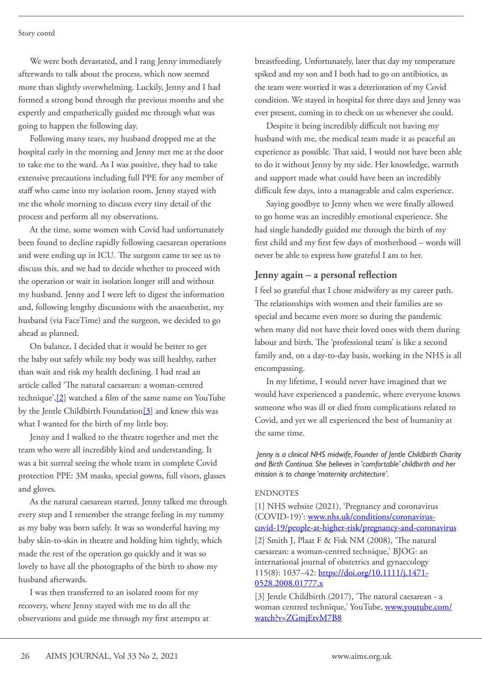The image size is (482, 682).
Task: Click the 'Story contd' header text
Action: pyautogui.click(x=36, y=33)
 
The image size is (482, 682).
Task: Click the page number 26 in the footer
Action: pyautogui.click(x=25, y=656)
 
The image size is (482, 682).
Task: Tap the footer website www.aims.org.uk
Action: pyautogui.click(x=361, y=656)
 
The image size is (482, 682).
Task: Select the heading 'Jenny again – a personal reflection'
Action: pyautogui.click(x=325, y=275)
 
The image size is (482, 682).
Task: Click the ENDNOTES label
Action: pyautogui.click(x=277, y=493)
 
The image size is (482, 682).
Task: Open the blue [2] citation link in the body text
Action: pyautogui.click(x=61, y=398)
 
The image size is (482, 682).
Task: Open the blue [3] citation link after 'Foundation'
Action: pyautogui.click(x=148, y=411)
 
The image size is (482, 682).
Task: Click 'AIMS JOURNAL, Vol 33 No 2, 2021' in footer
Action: pyautogui.click(x=112, y=656)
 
